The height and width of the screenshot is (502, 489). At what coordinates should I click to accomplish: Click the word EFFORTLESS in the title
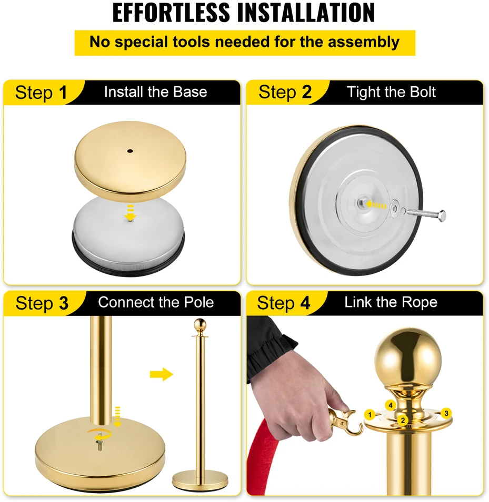point(171,13)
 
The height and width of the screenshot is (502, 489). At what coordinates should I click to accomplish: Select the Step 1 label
point(41,93)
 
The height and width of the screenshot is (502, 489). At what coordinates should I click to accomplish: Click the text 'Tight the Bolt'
point(391,92)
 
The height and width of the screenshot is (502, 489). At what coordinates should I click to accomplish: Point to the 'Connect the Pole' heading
point(156,302)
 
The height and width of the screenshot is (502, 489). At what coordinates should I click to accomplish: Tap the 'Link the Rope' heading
point(391,302)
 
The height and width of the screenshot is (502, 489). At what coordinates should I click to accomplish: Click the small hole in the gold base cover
point(130,151)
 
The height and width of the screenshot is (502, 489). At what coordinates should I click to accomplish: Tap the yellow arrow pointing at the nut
point(376,204)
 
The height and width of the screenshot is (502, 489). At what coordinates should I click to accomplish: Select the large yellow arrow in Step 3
point(161,374)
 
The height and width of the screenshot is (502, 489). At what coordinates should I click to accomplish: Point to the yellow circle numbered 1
point(370,415)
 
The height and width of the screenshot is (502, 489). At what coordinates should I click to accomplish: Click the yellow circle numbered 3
point(446,413)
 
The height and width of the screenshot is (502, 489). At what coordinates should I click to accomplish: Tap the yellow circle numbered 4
point(391,405)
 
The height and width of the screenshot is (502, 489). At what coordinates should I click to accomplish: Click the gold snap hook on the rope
point(345,422)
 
